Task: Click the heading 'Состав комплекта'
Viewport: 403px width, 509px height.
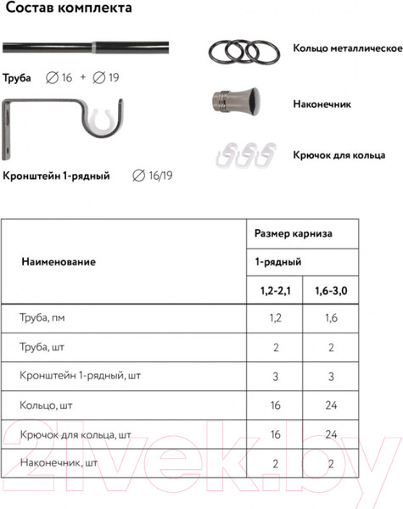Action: click(65, 10)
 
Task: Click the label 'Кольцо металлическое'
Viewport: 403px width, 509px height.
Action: click(347, 48)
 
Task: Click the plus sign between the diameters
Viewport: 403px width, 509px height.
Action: click(82, 78)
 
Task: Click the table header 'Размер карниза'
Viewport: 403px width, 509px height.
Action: click(294, 232)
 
